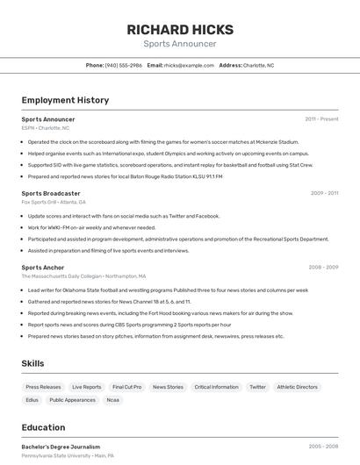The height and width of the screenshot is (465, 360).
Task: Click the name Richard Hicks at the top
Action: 179,28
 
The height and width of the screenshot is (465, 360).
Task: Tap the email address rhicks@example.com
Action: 189,65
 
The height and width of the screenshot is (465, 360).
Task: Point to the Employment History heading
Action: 65,100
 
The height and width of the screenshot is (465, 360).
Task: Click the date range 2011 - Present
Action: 321,118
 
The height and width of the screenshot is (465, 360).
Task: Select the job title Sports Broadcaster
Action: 51,193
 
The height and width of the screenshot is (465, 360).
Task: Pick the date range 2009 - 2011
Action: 324,193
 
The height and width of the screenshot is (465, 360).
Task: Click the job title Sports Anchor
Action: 43,267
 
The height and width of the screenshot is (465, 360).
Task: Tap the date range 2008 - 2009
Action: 323,267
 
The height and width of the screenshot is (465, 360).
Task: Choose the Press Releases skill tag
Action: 43,387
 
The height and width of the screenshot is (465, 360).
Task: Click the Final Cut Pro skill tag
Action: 126,387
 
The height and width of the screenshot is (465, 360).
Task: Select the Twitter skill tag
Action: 257,387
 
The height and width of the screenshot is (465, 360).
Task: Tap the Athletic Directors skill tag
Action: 298,387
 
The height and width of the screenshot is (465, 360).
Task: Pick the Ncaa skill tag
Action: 112,400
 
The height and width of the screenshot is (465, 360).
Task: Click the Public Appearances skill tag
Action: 72,400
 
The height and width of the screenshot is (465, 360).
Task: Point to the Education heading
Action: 43,427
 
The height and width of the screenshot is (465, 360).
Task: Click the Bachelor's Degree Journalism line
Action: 61,447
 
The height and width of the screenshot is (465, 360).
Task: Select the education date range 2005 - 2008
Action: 323,447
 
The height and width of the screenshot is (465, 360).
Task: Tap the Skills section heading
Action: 32,363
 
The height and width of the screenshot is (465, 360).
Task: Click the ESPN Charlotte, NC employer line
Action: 46,128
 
